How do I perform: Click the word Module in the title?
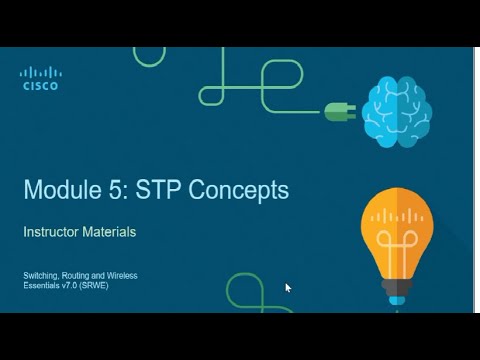click(x=65, y=192)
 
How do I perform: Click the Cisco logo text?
click(x=41, y=87)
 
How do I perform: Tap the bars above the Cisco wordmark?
click(x=41, y=73)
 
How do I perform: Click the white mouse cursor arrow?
click(x=288, y=288)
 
